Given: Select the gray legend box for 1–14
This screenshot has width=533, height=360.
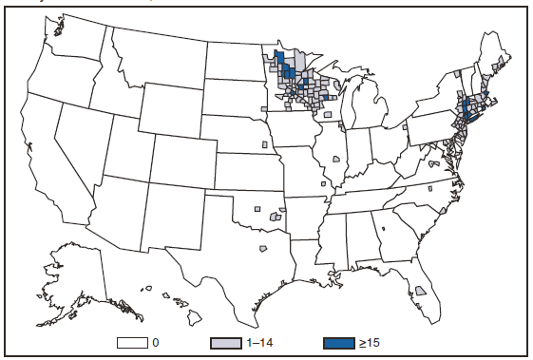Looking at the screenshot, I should pyautogui.click(x=225, y=340).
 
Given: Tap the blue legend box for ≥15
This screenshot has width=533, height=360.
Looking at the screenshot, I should pyautogui.click(x=337, y=340).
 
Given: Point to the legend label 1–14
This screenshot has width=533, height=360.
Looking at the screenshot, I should pyautogui.click(x=259, y=340).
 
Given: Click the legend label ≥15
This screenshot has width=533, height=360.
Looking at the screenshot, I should pyautogui.click(x=372, y=340).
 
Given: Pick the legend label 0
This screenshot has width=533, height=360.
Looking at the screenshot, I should pyautogui.click(x=154, y=340).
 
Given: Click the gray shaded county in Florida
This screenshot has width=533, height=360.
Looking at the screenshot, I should pyautogui.click(x=420, y=290).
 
